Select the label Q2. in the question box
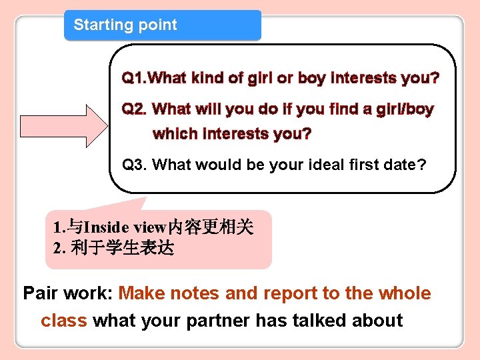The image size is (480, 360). click(x=135, y=109)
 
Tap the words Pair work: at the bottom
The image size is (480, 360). click(x=69, y=293)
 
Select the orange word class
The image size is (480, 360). click(x=64, y=321)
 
